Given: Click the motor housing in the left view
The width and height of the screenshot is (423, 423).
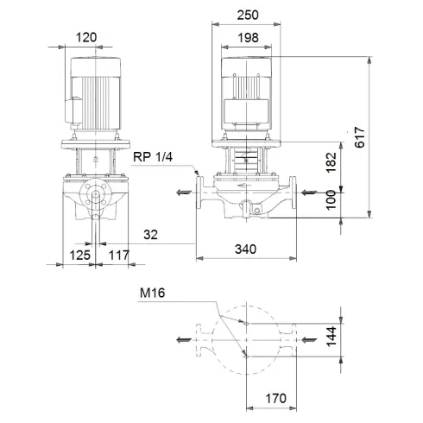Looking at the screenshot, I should point(94,94).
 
